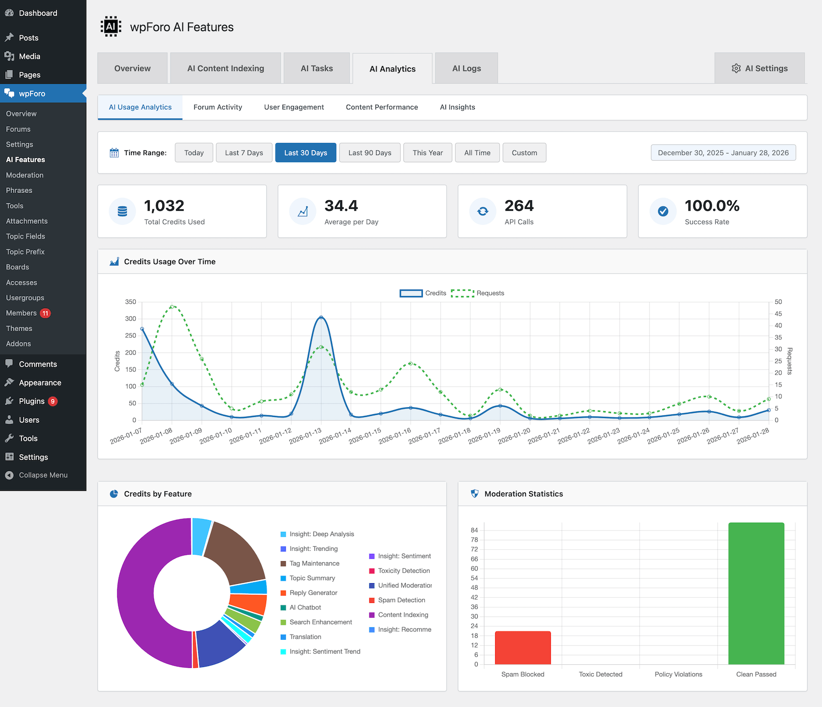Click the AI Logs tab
click(466, 68)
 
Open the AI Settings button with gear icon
click(759, 68)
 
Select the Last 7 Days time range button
click(244, 152)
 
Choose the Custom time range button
click(524, 152)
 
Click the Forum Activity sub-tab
click(218, 107)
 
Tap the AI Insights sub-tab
click(457, 107)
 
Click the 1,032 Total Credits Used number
click(164, 206)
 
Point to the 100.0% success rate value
click(712, 206)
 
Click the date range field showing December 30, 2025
click(723, 152)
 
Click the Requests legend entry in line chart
click(478, 293)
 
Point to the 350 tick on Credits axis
click(130, 302)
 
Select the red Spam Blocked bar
click(522, 647)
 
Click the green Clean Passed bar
click(756, 593)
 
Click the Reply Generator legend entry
click(313, 593)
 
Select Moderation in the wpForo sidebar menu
click(25, 175)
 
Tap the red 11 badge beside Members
click(45, 313)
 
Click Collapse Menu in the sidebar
click(43, 475)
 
